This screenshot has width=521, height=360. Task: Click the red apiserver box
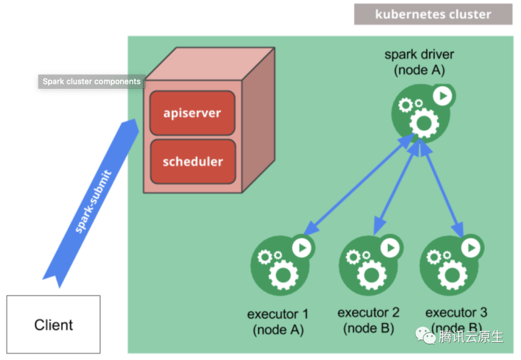pos(192,113)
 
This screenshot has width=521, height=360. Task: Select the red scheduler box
pos(192,161)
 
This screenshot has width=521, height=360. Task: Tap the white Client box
pos(54,324)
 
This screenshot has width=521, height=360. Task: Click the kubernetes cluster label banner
pos(433,14)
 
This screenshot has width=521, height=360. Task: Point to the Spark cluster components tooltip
pos(92,82)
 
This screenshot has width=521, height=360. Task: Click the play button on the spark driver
pos(442,96)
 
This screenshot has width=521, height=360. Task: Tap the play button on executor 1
pos(302,248)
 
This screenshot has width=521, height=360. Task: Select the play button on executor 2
pos(390,248)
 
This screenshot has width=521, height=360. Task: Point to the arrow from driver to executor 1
pos(359,183)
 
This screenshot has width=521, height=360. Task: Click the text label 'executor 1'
pos(277,314)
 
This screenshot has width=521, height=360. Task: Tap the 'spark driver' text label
pos(419,54)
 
